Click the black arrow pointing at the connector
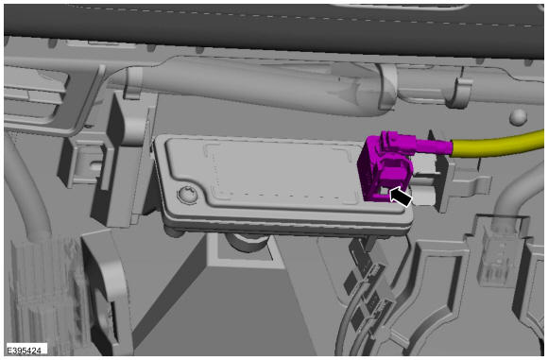coord(401,197)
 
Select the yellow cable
coord(498,145)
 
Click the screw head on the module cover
coord(187,195)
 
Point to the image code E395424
coord(25,350)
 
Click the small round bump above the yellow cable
coord(518,117)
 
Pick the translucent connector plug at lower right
coord(497,254)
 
